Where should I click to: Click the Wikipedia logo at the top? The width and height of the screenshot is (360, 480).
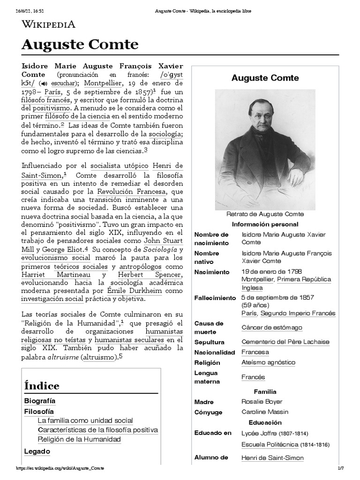tap(48, 24)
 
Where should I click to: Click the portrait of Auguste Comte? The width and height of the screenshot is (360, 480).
tap(265, 150)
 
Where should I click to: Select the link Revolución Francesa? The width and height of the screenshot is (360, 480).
tap(132, 191)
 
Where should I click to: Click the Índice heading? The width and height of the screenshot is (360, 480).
tap(42, 386)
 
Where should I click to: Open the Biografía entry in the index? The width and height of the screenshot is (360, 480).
tap(39, 401)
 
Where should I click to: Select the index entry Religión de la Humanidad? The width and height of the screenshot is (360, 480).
tap(79, 439)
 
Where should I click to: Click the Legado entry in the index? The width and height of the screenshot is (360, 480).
tap(37, 451)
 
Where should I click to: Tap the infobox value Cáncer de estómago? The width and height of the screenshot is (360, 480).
tap(271, 327)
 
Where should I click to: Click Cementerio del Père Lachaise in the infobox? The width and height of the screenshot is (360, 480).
tap(285, 342)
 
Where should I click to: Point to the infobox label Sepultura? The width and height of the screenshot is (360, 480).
tap(209, 342)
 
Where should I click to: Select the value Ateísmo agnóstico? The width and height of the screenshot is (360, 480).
tap(268, 362)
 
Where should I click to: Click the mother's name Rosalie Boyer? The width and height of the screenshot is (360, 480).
tap(262, 402)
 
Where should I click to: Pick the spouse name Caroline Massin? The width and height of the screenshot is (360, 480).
tap(264, 412)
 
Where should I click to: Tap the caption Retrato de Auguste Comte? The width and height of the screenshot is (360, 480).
tap(265, 214)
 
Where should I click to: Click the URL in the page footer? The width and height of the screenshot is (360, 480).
tap(60, 469)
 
